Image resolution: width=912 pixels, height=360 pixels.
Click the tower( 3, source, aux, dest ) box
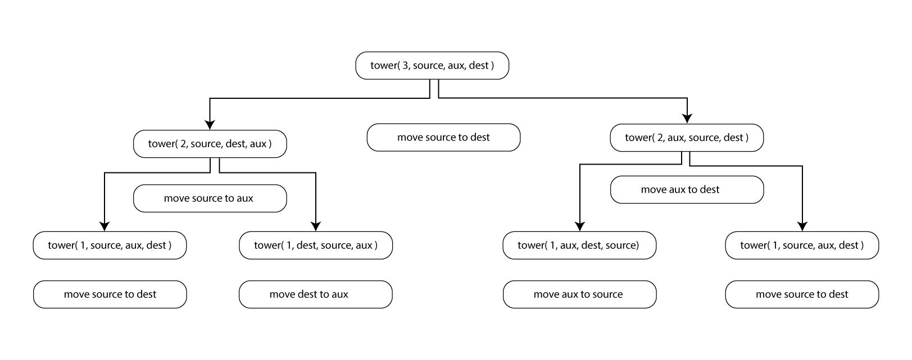coord(432,66)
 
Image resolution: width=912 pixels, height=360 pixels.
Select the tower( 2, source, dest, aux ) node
coord(210,144)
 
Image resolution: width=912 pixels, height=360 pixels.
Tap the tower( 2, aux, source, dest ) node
coord(687,138)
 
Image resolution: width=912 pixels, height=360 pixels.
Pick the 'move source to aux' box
coord(210,198)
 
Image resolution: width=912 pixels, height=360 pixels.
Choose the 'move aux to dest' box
coord(687,190)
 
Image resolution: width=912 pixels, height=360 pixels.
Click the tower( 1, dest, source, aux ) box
coord(315,245)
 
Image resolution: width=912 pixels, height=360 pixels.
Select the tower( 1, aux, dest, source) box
coord(579,245)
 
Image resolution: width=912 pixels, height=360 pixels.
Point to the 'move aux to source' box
coord(579,294)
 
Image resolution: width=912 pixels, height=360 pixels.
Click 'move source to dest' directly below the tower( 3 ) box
coord(443,138)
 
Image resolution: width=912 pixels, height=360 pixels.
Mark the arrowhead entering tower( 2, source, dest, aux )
coord(210,125)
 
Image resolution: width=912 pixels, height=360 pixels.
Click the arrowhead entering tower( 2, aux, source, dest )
coord(687,118)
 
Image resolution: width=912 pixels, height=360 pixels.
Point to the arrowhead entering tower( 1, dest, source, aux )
coord(316,226)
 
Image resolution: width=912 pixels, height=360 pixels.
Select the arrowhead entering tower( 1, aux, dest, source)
coord(579,226)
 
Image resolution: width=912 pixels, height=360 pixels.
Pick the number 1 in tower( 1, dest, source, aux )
coord(289,245)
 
